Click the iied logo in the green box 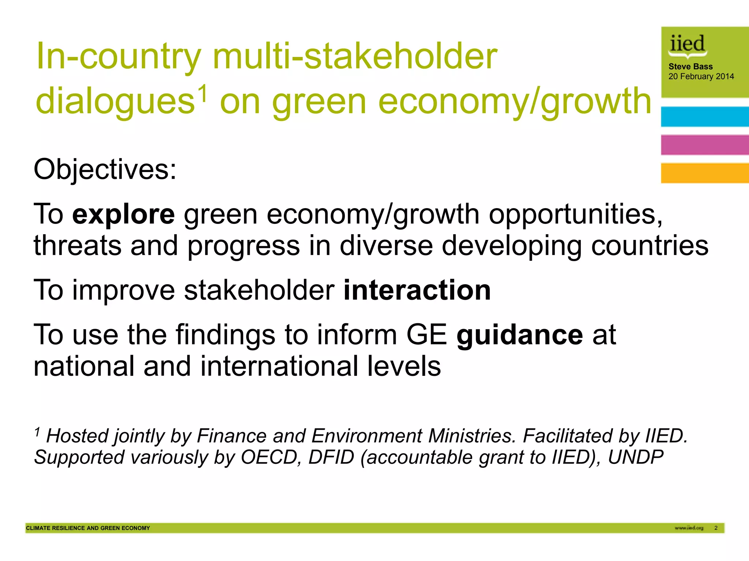coord(687,46)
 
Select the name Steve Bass coord(690,67)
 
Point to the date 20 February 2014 coord(701,77)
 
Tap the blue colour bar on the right coord(705,117)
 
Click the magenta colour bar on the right coord(705,145)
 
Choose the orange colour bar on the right coord(705,173)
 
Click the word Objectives coord(105,169)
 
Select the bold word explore coord(124,214)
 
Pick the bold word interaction coord(417,290)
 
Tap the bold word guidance coord(519,335)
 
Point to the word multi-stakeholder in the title coord(355,56)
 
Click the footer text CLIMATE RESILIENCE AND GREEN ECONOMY coord(88,528)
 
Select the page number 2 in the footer coord(716,528)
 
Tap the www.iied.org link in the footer coord(689,528)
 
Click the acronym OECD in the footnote coord(269,457)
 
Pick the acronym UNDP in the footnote coord(636,457)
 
